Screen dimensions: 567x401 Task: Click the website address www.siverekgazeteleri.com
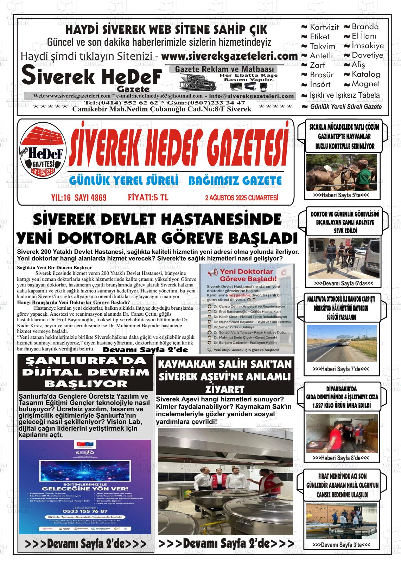click(x=229, y=56)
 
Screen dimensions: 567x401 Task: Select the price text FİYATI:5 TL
click(x=148, y=198)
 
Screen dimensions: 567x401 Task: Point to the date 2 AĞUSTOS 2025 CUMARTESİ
click(x=241, y=198)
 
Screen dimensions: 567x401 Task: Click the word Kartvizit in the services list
click(x=324, y=27)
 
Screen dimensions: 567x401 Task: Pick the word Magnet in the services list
click(x=365, y=84)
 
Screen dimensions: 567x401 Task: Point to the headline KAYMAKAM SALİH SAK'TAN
click(x=225, y=364)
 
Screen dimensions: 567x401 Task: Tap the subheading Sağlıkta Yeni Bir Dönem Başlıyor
click(x=55, y=268)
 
